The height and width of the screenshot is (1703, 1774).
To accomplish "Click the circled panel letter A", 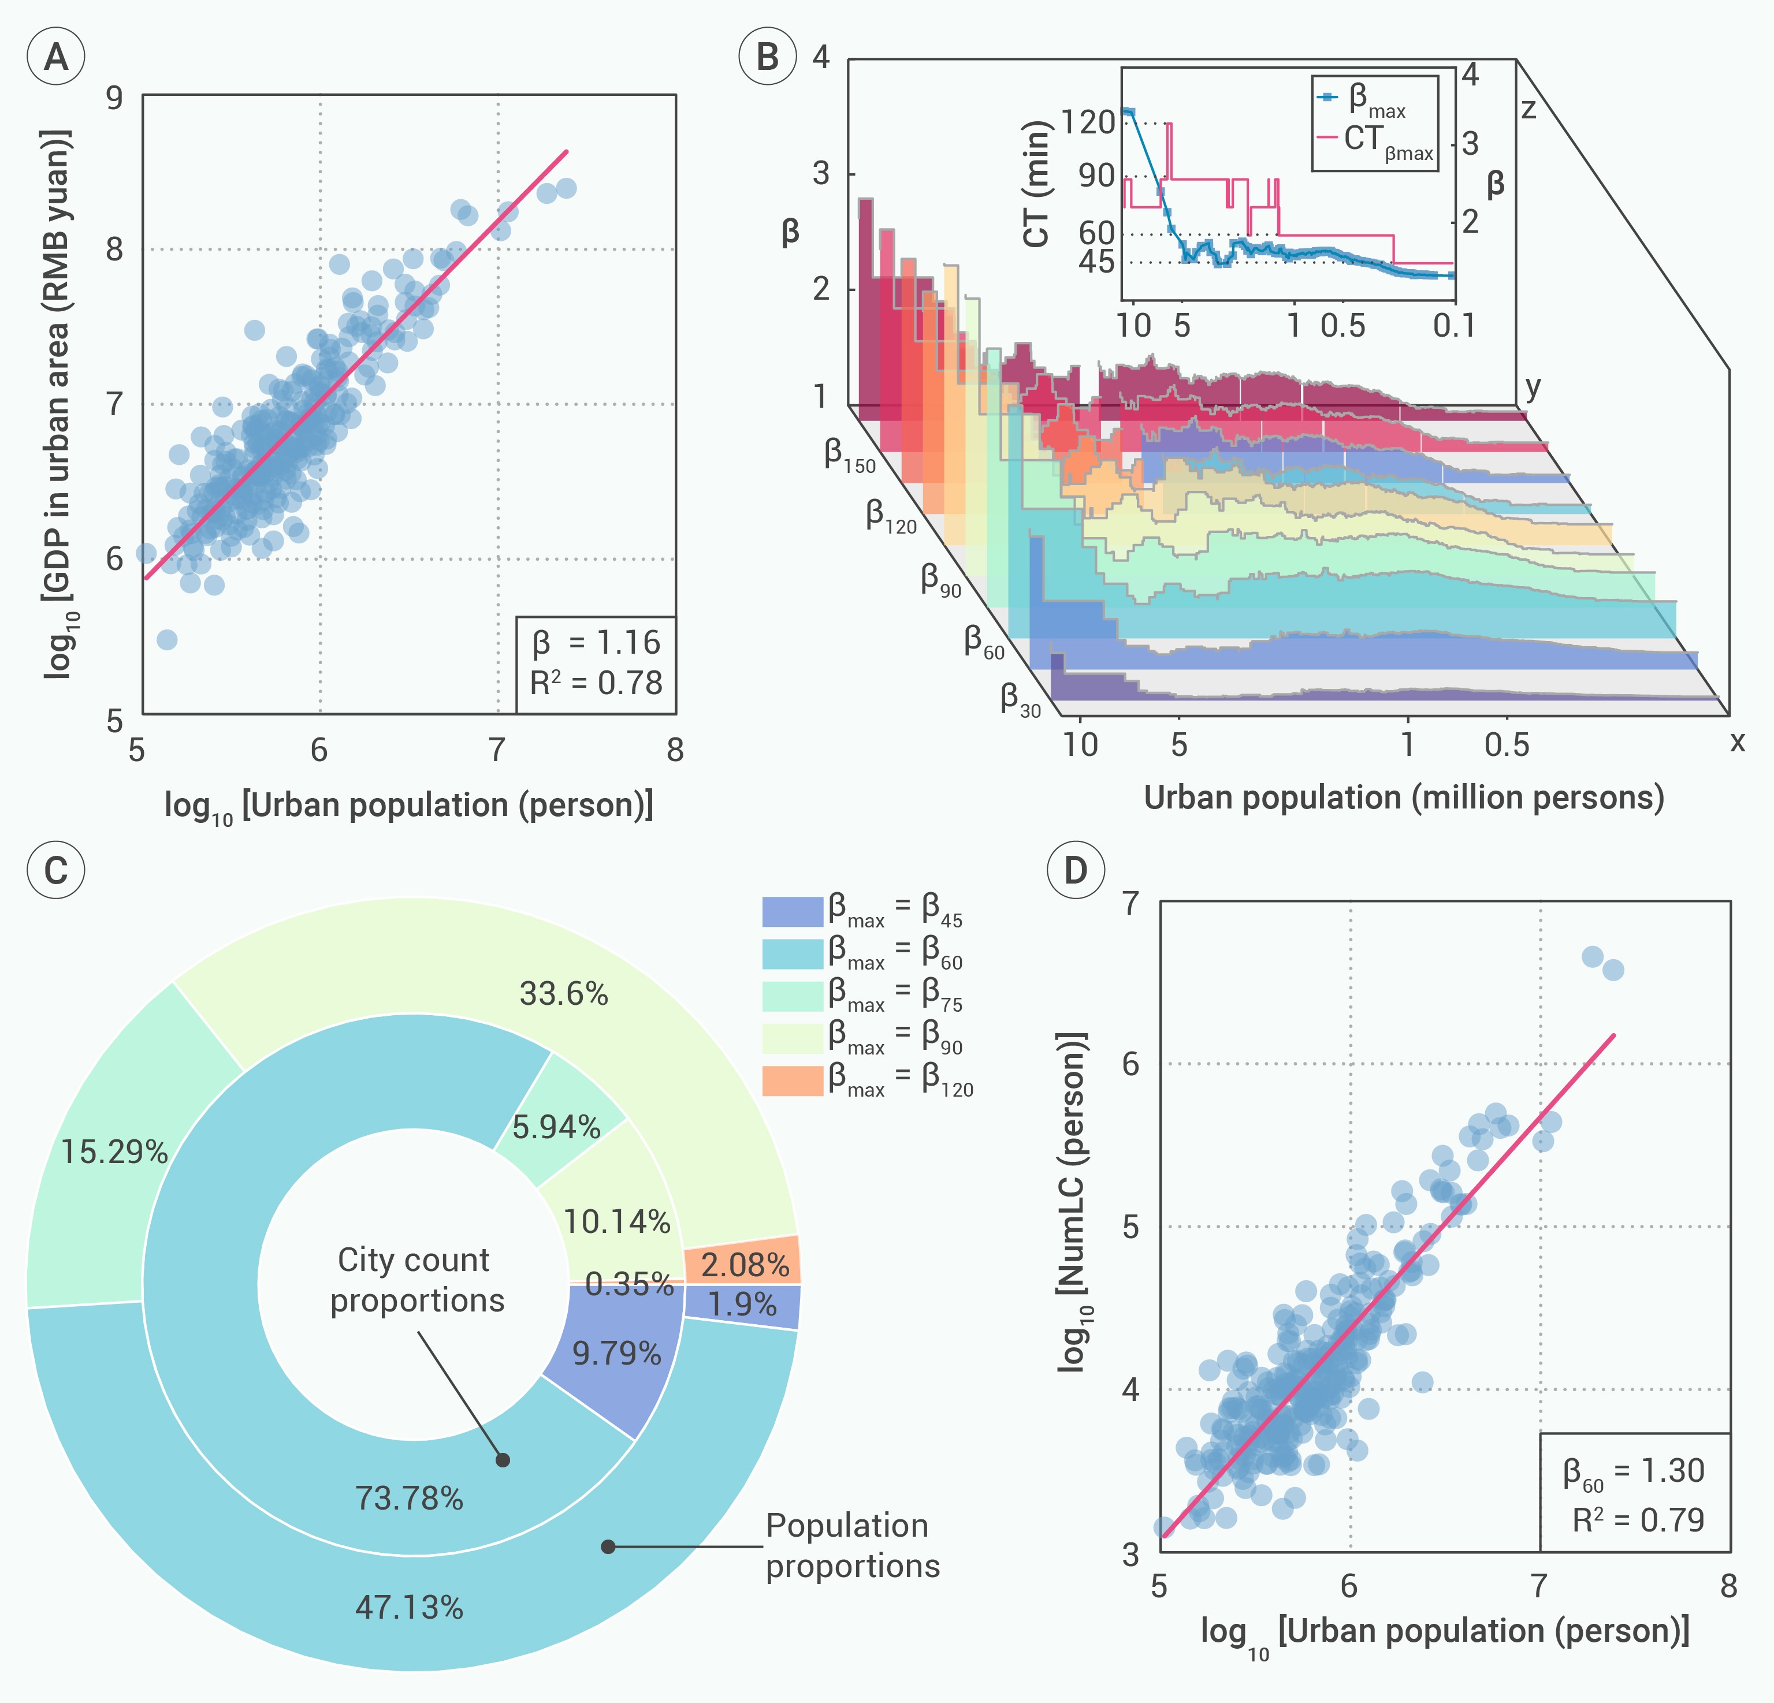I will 56,57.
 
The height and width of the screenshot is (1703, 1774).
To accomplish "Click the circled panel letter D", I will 1075,870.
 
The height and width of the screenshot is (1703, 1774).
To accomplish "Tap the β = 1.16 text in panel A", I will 597,643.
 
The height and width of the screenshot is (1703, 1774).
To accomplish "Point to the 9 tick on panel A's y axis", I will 114,97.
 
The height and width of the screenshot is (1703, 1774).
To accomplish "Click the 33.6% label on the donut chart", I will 563,994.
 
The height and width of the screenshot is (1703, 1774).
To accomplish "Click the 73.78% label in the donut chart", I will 409,1499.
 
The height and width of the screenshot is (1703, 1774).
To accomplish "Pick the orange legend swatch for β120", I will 792,1080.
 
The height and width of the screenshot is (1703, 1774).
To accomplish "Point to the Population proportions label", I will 851,1545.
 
